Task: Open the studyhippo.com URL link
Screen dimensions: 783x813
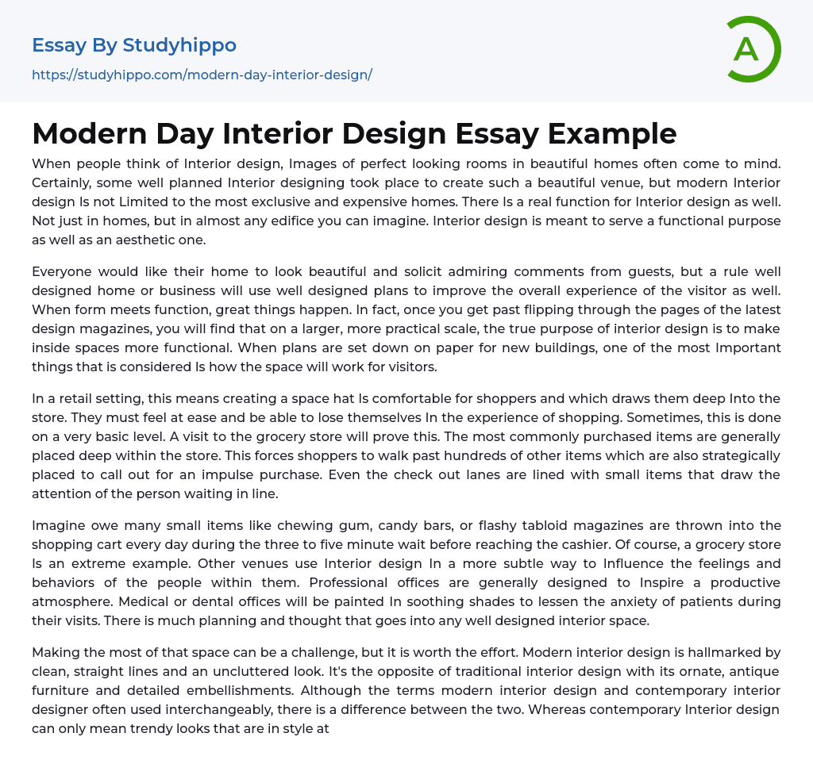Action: (202, 75)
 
